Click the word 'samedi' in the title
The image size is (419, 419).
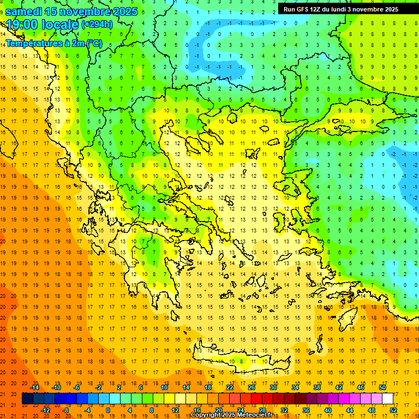(x=24, y=11)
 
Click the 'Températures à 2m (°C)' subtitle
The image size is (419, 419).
(x=53, y=43)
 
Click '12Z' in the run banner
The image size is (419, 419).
(x=319, y=9)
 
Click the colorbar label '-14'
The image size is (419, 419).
(x=35, y=387)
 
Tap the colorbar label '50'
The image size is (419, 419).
(x=382, y=387)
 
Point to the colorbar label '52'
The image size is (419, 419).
(x=393, y=410)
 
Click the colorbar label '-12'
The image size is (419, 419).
(x=46, y=410)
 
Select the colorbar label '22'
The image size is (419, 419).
(x=230, y=387)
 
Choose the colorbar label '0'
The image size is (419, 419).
(x=108, y=410)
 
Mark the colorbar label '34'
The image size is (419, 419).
(x=295, y=387)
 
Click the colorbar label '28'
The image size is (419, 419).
(x=262, y=410)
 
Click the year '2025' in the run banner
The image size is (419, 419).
(x=390, y=9)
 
